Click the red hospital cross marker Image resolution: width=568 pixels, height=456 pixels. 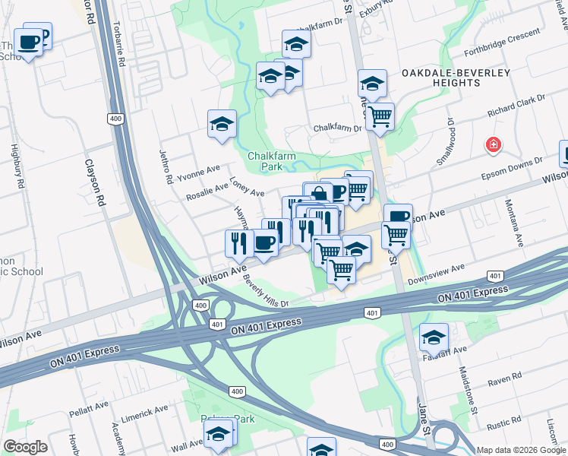494,144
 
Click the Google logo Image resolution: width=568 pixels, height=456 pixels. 25,447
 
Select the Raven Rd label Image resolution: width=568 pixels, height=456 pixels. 505,378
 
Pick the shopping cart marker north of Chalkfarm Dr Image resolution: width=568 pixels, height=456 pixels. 380,117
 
